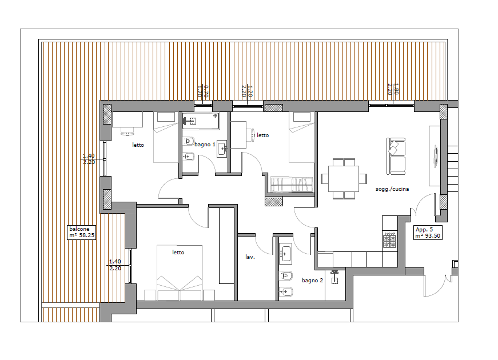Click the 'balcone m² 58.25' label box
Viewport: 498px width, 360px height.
pyautogui.click(x=81, y=232)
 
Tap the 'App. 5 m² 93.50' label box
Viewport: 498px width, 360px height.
pyautogui.click(x=428, y=233)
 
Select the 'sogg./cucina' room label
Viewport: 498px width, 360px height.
pyautogui.click(x=392, y=189)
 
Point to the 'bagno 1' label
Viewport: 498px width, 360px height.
pyautogui.click(x=205, y=145)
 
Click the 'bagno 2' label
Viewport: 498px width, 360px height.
pyautogui.click(x=312, y=281)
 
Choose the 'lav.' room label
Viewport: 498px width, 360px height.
pyautogui.click(x=250, y=257)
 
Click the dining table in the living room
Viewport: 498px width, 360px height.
pyautogui.click(x=344, y=178)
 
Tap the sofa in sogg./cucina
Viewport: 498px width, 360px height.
pyautogui.click(x=396, y=156)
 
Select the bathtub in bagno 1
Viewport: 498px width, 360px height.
pyautogui.click(x=201, y=121)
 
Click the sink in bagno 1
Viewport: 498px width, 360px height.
pyautogui.click(x=222, y=149)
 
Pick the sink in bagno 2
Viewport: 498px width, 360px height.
pyautogui.click(x=285, y=254)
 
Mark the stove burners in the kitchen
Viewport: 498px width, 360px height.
pyautogui.click(x=390, y=240)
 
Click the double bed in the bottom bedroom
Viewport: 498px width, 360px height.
pyautogui.click(x=180, y=273)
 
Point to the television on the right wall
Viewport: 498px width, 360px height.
pyautogui.click(x=436, y=156)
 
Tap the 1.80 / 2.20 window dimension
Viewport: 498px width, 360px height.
pyautogui.click(x=393, y=90)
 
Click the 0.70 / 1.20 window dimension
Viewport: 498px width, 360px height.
pyautogui.click(x=202, y=91)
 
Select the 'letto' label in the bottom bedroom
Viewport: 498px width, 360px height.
pyautogui.click(x=178, y=253)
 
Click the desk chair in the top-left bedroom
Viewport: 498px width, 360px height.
pyautogui.click(x=127, y=131)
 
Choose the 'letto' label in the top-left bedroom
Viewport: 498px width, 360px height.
pyautogui.click(x=138, y=145)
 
